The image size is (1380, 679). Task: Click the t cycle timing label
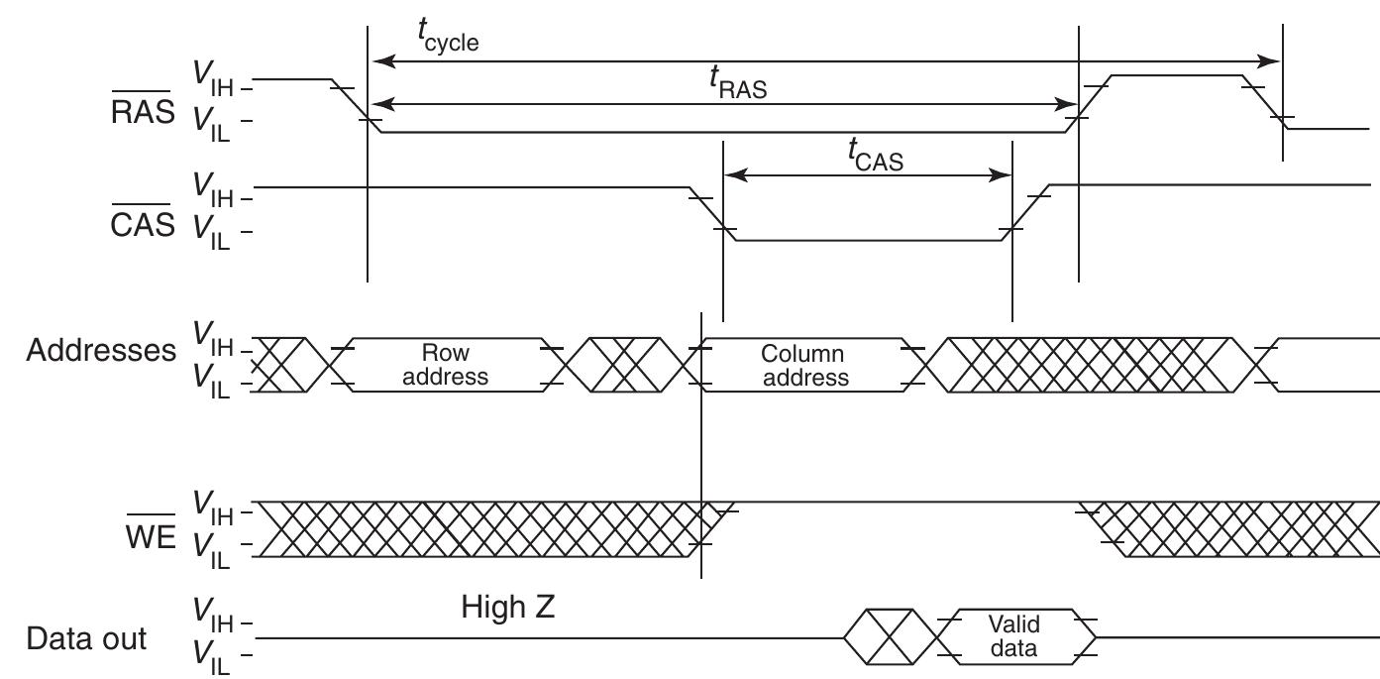(x=447, y=37)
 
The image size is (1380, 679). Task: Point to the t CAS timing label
(x=875, y=156)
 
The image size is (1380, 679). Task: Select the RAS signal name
(x=143, y=112)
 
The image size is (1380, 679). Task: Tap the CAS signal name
(x=143, y=224)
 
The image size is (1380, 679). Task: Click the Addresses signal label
(x=101, y=350)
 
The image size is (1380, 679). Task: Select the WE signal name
(x=150, y=537)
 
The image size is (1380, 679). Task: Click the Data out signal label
(x=87, y=638)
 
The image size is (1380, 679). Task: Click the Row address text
(x=446, y=365)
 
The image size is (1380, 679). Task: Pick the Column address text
(x=804, y=365)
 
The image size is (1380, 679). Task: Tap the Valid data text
(x=1013, y=636)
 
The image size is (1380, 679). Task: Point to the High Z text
(x=508, y=607)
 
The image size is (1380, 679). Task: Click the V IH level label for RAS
(x=213, y=78)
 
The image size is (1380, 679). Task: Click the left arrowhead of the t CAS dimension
(x=733, y=175)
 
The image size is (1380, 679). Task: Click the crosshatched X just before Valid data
(x=889, y=636)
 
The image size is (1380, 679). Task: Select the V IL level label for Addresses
(x=211, y=381)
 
